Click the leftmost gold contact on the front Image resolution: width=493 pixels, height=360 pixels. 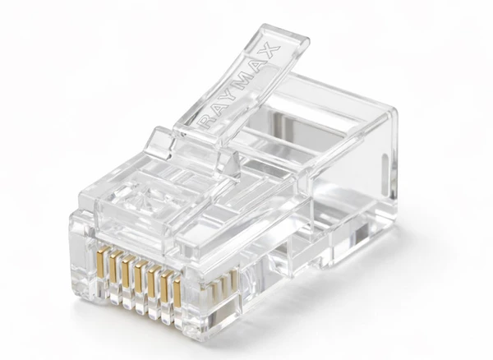coord(101,262)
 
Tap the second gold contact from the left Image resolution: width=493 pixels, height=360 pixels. coord(115,266)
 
